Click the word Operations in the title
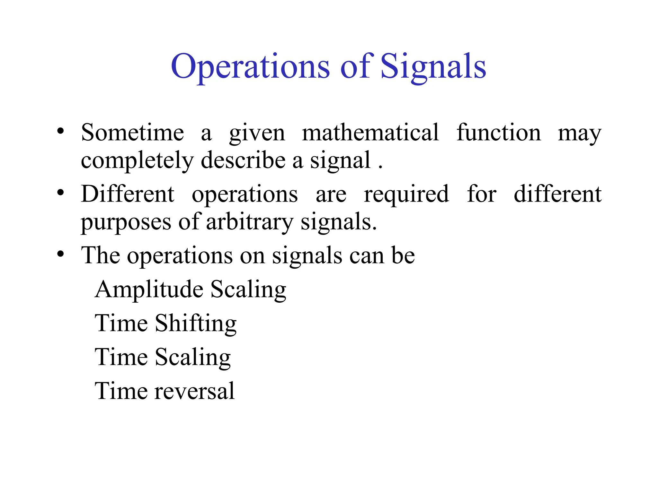[250, 66]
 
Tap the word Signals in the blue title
[433, 66]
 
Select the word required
[406, 195]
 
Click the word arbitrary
[250, 222]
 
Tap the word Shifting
[196, 324]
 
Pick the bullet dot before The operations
[60, 254]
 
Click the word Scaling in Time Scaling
[193, 358]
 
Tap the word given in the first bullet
[257, 133]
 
